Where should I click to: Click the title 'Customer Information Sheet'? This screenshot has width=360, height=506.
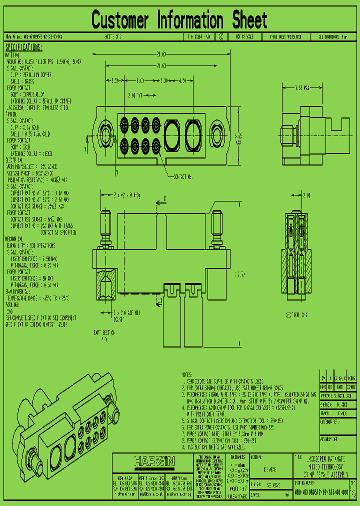(x=179, y=20)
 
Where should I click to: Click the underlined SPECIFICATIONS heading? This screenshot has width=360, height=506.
(x=23, y=47)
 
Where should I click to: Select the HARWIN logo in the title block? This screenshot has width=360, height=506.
(x=154, y=461)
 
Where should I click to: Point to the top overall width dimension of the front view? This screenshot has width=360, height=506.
(x=160, y=53)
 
